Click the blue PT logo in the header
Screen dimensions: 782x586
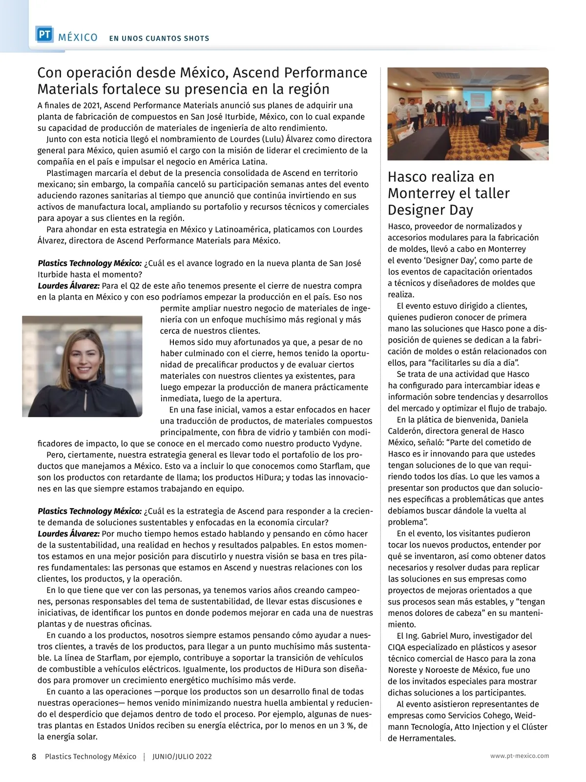coord(44,34)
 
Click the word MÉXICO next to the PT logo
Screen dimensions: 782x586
coord(78,38)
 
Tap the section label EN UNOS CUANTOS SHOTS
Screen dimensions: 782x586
coord(159,38)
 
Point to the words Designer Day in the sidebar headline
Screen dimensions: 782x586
coord(430,210)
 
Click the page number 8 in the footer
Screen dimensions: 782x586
coord(34,757)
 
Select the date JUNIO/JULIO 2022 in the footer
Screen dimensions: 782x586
coord(182,757)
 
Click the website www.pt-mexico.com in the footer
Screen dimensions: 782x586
coord(520,756)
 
